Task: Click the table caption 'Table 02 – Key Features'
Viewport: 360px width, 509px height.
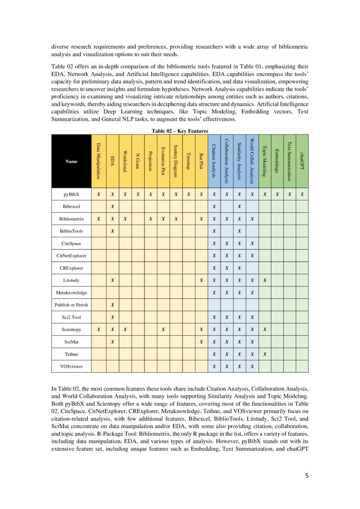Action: point(180,131)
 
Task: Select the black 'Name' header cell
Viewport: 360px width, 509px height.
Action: point(71,161)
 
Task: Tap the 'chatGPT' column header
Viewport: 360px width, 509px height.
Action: point(302,161)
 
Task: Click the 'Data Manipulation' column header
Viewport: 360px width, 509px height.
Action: point(99,161)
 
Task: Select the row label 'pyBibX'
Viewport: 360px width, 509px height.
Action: point(71,194)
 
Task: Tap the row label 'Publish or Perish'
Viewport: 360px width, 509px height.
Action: point(71,305)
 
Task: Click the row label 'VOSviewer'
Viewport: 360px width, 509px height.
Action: point(71,367)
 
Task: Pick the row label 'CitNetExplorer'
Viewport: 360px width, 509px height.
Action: point(71,256)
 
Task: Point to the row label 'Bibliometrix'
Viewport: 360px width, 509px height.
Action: point(71,219)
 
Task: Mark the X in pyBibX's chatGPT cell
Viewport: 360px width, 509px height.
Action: point(302,194)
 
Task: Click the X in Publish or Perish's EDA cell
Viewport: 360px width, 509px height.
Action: point(112,305)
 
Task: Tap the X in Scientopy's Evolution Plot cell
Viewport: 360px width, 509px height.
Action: point(163,330)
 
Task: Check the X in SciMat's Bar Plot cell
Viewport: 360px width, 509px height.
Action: point(201,342)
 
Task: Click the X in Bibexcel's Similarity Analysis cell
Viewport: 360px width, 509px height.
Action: point(239,206)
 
